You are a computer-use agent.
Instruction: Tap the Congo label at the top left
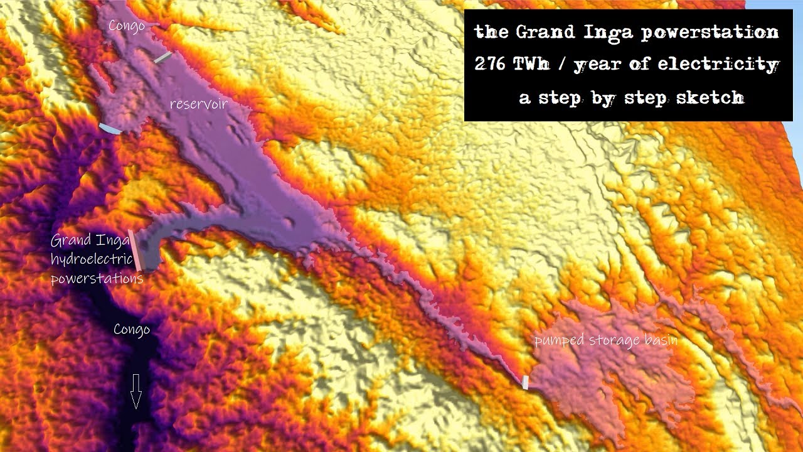[126, 26]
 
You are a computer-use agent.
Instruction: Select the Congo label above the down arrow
[132, 330]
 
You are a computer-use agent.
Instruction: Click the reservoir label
[198, 104]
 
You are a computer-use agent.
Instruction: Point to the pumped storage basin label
[605, 340]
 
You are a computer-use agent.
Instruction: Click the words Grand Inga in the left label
[81, 240]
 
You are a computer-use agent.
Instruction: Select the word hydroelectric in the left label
[92, 259]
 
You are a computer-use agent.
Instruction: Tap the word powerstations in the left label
[97, 278]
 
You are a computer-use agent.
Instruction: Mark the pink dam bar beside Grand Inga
[135, 250]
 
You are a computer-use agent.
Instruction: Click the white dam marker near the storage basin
[525, 382]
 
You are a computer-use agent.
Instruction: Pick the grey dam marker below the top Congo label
[162, 58]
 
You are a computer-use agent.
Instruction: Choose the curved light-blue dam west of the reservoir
[109, 129]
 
